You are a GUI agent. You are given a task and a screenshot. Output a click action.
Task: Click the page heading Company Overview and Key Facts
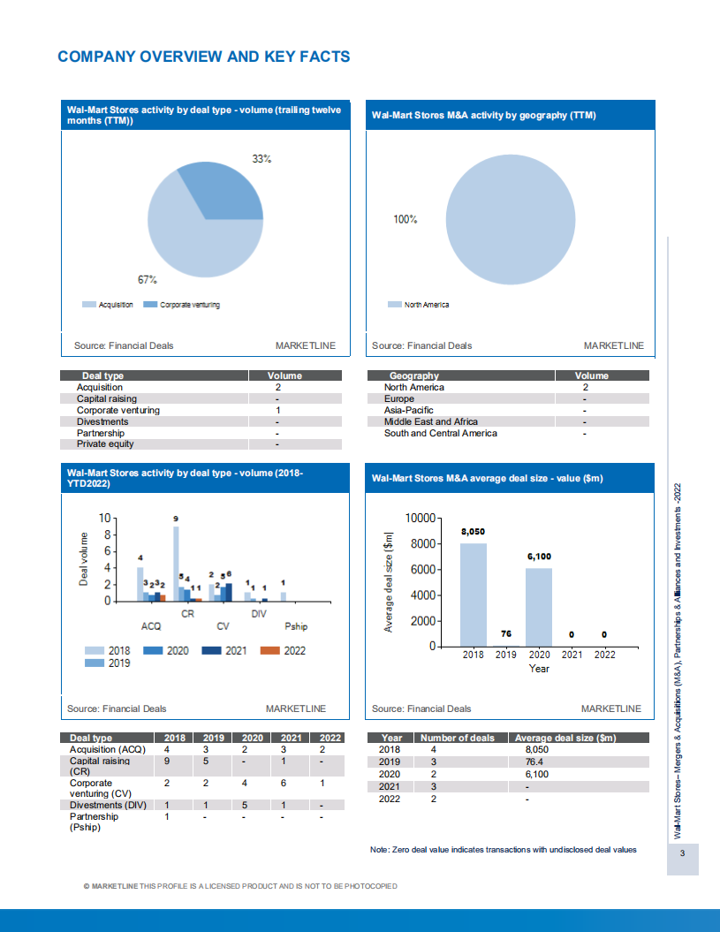[203, 57]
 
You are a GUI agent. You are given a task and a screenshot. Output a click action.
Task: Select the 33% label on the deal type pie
[261, 159]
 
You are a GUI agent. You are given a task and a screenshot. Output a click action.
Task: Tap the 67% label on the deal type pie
[147, 279]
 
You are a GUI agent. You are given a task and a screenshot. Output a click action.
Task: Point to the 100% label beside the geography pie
[405, 220]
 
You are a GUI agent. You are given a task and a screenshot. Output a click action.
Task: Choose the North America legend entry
[426, 305]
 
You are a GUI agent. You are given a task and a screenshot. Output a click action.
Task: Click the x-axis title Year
[539, 669]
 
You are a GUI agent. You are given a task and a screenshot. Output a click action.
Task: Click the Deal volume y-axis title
[85, 558]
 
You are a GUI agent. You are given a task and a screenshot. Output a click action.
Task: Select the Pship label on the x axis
[296, 626]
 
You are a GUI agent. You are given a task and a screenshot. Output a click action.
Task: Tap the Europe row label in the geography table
[398, 399]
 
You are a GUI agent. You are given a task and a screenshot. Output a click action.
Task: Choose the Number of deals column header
[457, 738]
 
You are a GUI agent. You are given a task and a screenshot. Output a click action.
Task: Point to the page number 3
[682, 854]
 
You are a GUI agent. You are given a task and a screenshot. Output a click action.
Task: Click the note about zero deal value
[503, 850]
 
